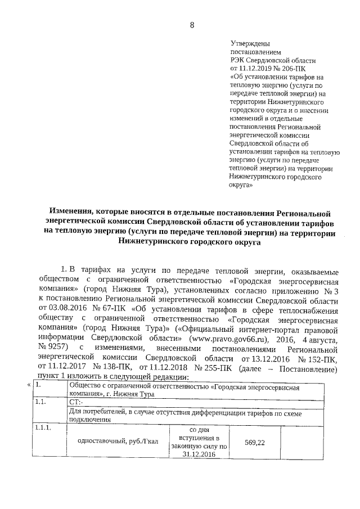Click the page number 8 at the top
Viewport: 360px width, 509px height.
(x=192, y=25)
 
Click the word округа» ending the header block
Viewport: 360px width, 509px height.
(x=243, y=184)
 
